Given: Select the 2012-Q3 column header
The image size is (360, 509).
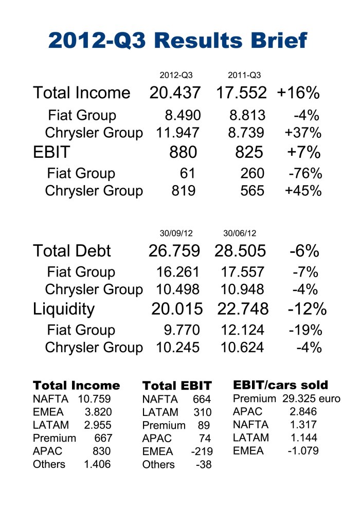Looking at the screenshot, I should point(176,76).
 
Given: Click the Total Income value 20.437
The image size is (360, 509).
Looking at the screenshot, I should point(175,93).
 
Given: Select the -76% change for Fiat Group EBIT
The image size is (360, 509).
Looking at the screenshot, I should point(305,173).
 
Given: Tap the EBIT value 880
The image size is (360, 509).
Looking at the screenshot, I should point(183,152).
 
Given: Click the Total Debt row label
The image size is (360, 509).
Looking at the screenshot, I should point(71,251).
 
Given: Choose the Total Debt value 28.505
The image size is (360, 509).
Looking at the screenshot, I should point(241,251).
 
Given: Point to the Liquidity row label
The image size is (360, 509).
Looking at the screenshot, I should point(64,309).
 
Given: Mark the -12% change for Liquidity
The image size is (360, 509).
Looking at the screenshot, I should point(307,309).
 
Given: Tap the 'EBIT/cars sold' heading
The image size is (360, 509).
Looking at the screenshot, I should point(280,385).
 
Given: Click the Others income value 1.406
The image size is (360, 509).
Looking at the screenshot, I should point(97,464).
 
